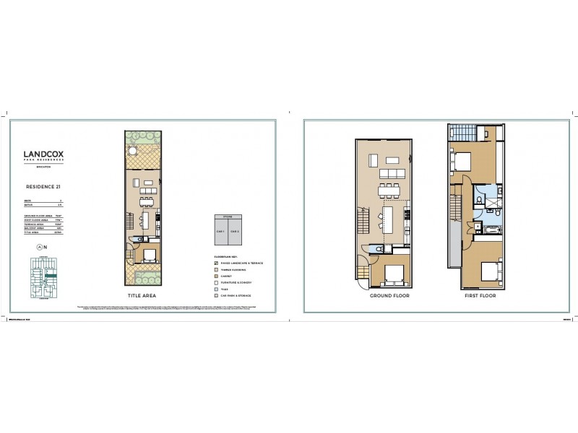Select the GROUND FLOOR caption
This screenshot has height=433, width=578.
click(x=390, y=295)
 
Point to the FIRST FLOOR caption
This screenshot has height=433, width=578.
click(x=477, y=295)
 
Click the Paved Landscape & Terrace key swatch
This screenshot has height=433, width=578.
click(x=217, y=263)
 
